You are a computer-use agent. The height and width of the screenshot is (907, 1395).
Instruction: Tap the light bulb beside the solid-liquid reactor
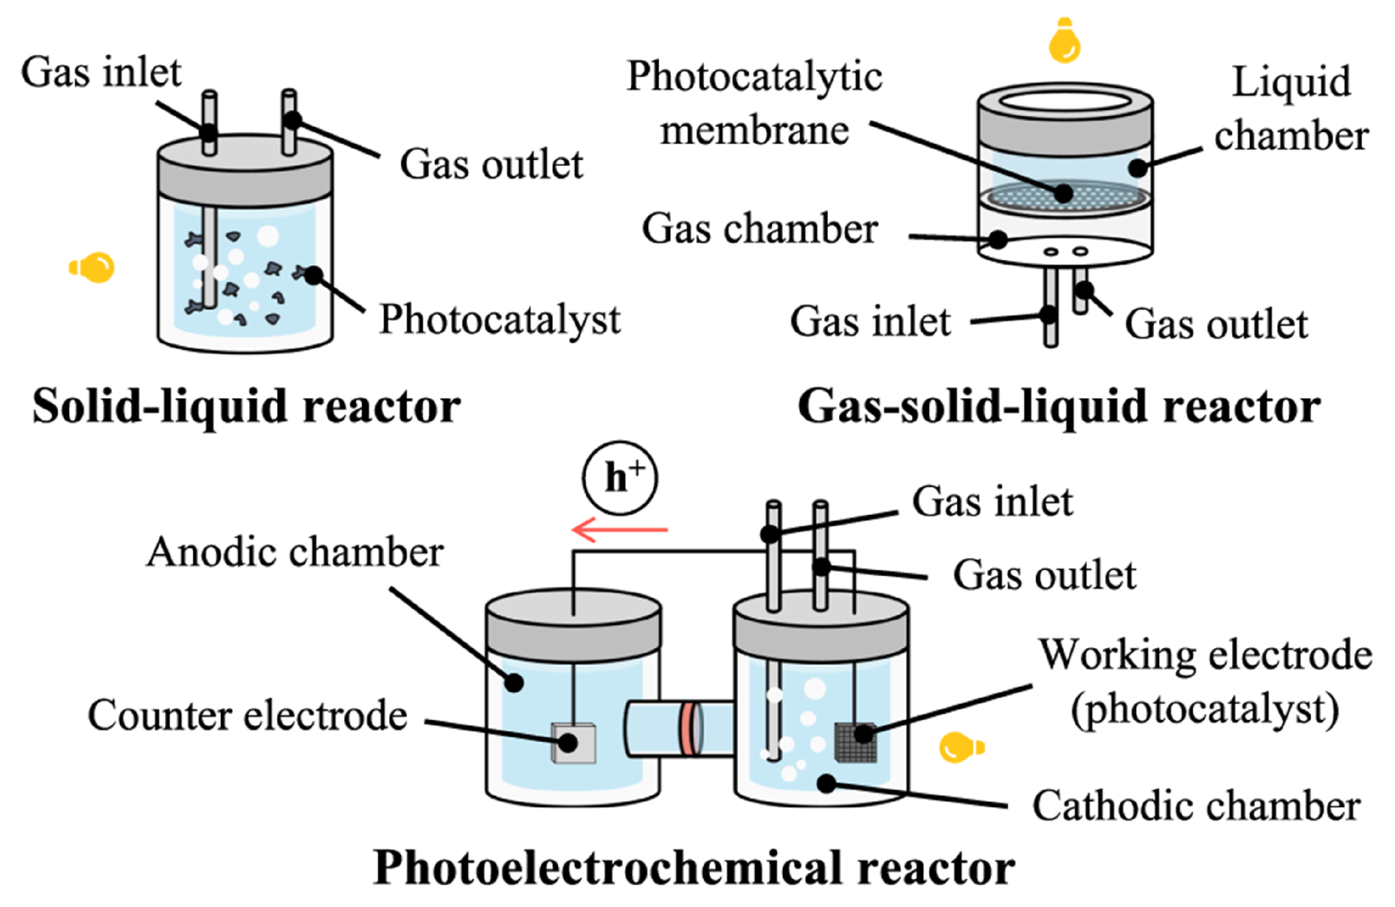[x=94, y=267]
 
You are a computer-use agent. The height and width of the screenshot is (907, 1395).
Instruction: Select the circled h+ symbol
[x=619, y=477]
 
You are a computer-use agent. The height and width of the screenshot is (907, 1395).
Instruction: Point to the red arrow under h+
[x=619, y=529]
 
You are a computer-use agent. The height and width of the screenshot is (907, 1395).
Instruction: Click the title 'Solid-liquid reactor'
[x=246, y=406]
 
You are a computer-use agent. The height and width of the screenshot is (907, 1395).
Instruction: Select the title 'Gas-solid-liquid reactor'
[x=1059, y=406]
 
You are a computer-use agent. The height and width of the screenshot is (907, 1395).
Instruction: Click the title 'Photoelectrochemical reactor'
[x=695, y=868]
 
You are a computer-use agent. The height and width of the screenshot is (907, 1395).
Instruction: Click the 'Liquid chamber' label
[x=1291, y=109]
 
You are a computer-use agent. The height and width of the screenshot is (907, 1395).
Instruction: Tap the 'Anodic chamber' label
[x=295, y=552]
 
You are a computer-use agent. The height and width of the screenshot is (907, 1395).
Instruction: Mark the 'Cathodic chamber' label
[x=1196, y=806]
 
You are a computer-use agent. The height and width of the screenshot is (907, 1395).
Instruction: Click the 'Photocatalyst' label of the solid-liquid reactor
[x=499, y=320]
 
